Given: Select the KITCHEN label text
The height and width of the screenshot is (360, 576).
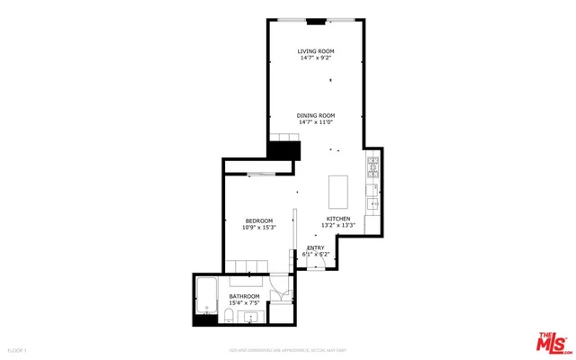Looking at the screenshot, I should click(337, 219).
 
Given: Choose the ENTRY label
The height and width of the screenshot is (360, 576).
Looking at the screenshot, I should click(315, 247).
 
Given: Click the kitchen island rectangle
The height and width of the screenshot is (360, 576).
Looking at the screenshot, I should click(339, 191).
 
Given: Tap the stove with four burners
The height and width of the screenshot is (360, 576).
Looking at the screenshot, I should click(373, 166).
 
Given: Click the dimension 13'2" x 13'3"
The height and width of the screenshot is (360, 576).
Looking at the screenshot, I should click(337, 226).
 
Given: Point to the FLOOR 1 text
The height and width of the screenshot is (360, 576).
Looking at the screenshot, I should click(17, 349).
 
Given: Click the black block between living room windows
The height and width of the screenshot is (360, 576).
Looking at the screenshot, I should click(315, 21).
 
